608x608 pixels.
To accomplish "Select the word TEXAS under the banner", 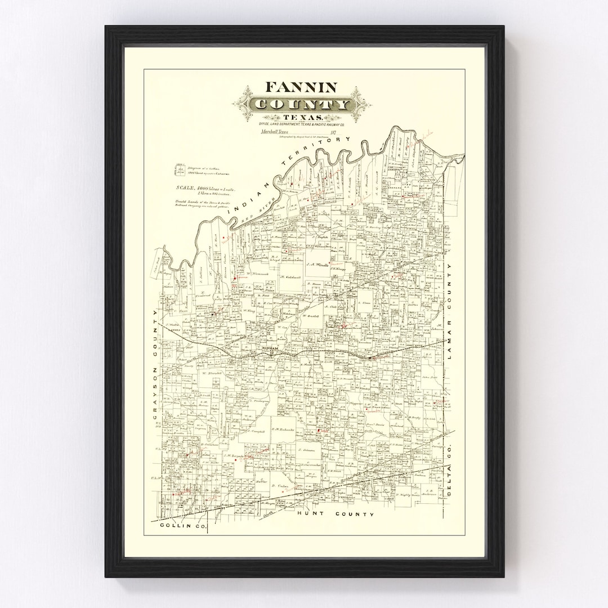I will [301, 117].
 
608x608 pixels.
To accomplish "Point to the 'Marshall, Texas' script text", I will [274, 132].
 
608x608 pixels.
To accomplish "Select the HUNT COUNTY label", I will [336, 514].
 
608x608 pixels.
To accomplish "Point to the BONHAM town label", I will [271, 350].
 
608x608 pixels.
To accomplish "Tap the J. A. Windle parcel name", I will [317, 263].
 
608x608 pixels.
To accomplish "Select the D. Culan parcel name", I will [279, 486].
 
